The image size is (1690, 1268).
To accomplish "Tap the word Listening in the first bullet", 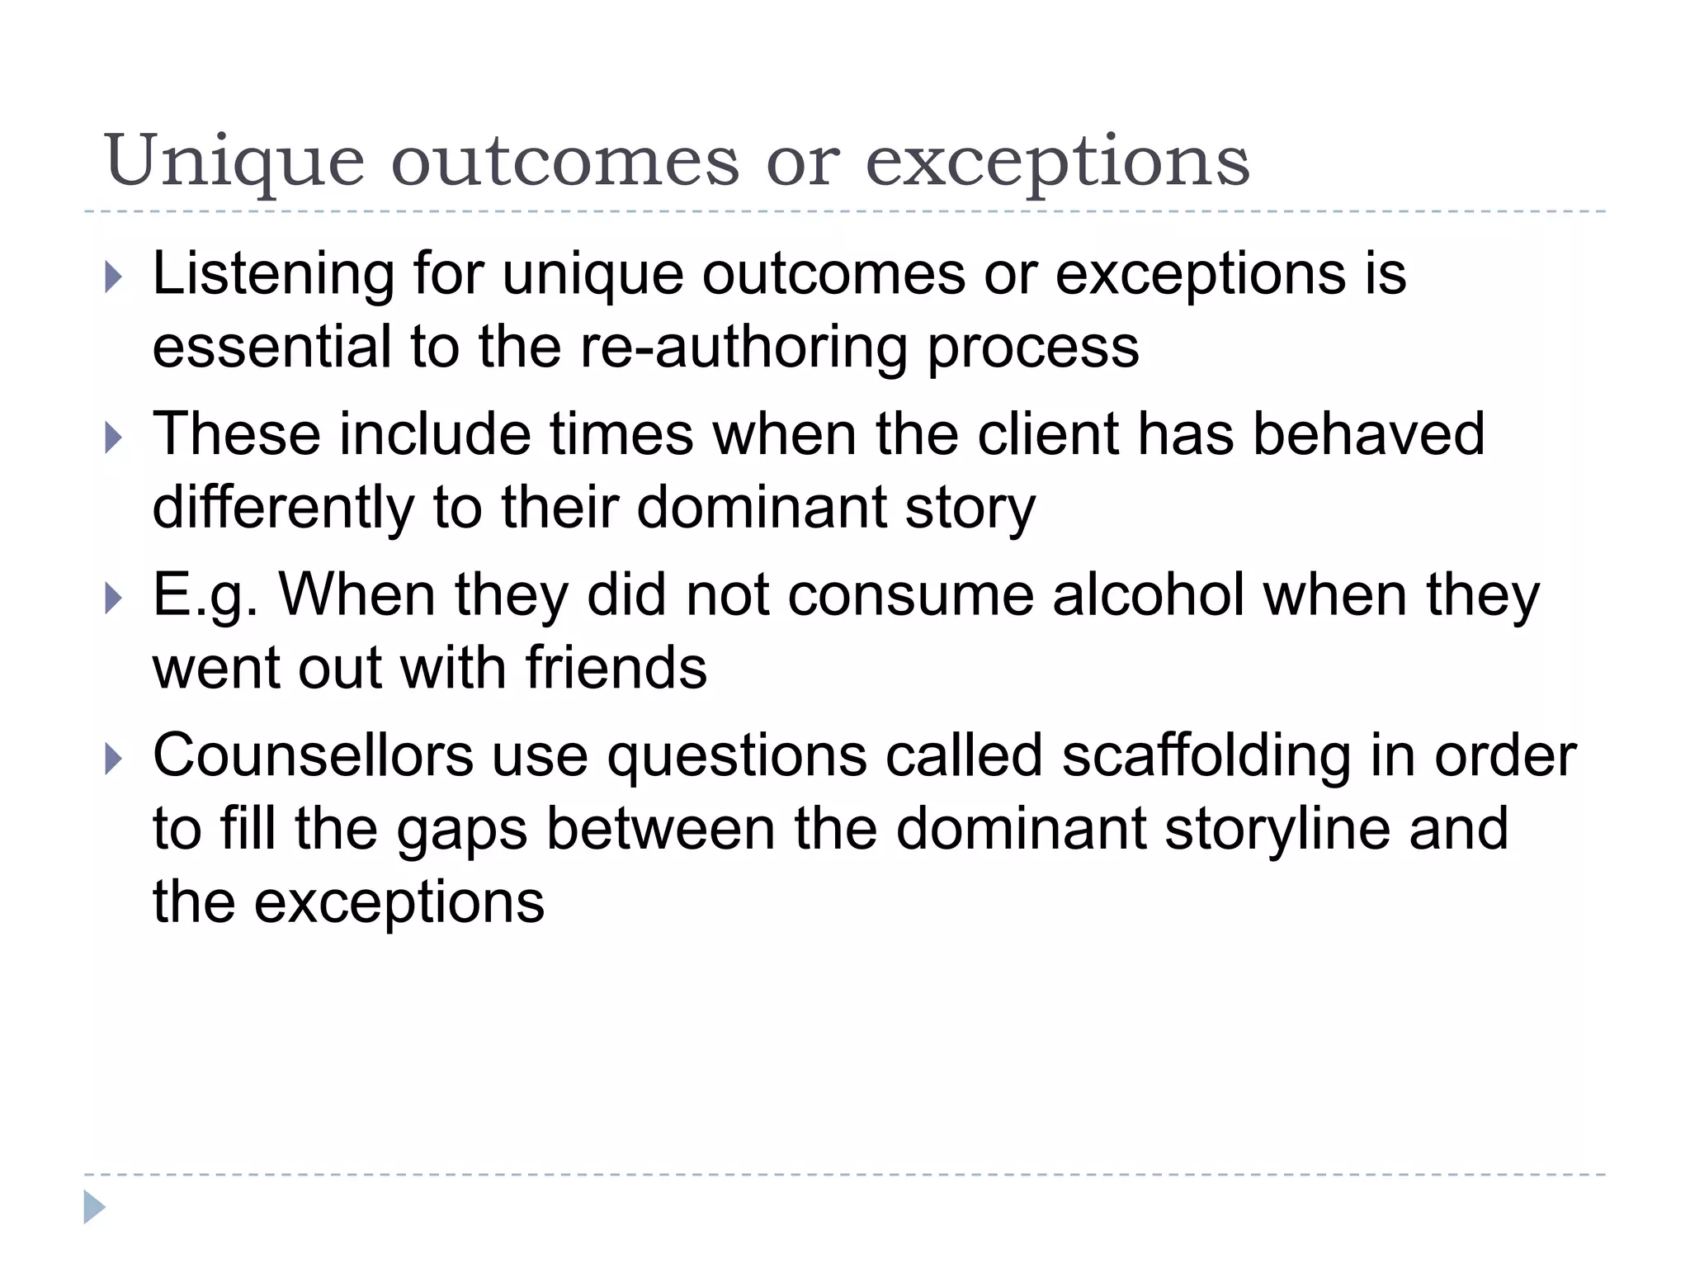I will [273, 273].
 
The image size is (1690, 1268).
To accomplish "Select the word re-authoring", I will [744, 347].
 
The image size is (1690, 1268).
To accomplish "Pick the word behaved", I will [1368, 434].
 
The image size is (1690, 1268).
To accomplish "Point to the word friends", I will [616, 668].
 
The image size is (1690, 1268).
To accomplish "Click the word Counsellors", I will [313, 755].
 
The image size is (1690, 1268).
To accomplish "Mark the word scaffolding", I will [1206, 757].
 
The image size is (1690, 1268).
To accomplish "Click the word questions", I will [737, 757].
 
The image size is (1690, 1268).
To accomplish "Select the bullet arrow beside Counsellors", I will [114, 759].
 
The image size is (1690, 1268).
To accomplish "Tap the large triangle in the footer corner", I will [94, 1207].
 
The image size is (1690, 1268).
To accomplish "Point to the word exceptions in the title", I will [1057, 163].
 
